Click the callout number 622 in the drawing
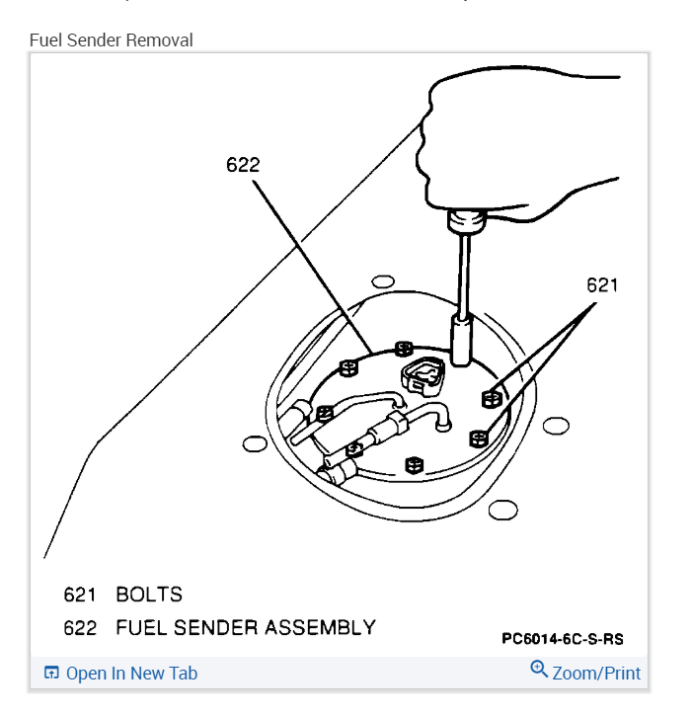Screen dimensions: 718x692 [242, 165]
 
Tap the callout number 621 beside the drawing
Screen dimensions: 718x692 [601, 285]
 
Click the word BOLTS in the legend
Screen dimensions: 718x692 [149, 595]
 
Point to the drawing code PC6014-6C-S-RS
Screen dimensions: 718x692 [562, 639]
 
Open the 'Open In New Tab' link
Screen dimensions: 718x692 [131, 674]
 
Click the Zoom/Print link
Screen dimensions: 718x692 [596, 674]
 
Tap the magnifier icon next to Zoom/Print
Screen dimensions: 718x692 [539, 670]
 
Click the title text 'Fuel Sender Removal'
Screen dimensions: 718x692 [111, 40]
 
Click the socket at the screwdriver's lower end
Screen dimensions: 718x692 [461, 339]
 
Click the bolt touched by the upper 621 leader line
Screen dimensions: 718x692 [489, 398]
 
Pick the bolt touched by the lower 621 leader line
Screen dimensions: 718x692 [480, 438]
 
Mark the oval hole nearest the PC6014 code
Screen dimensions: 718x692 [502, 510]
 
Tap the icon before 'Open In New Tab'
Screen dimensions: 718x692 [51, 674]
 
